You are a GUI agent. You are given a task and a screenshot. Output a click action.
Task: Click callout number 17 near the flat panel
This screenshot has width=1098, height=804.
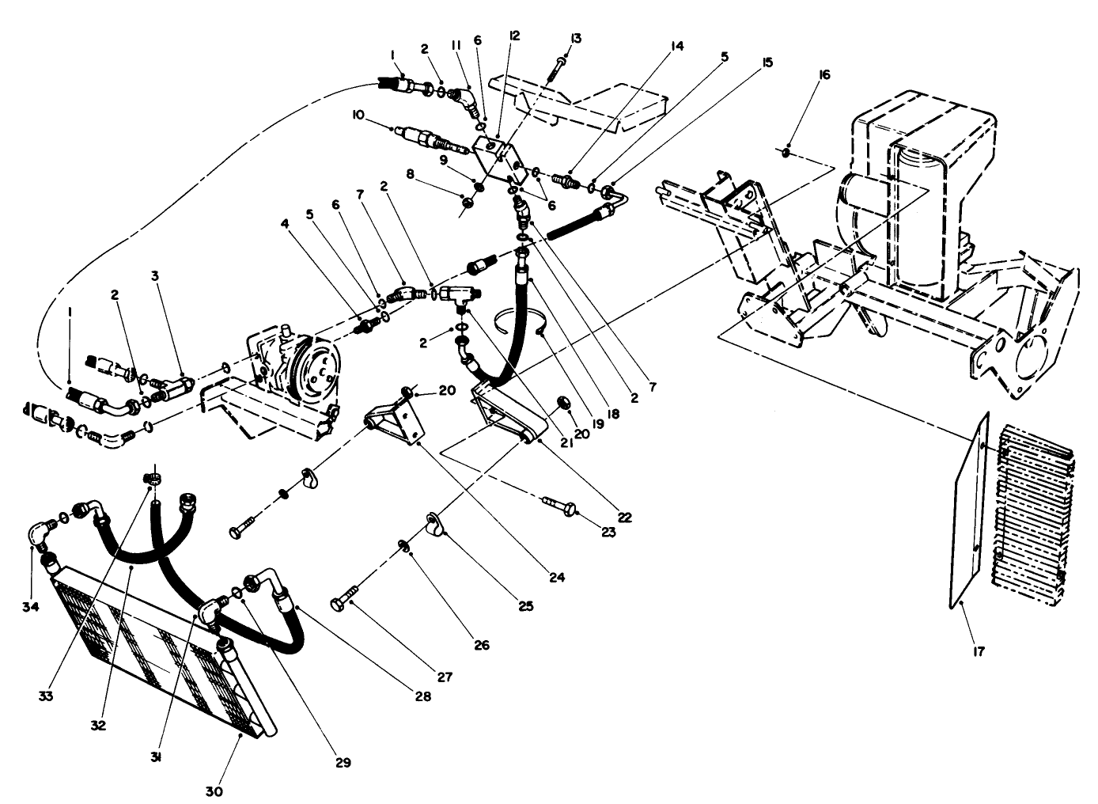(979, 654)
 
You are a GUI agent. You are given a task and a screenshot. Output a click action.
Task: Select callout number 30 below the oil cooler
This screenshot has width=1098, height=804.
(215, 790)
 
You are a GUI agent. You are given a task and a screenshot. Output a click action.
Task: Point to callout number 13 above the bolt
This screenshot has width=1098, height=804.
(574, 38)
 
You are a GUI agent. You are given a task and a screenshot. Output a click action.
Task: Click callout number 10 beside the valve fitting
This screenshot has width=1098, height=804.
(358, 115)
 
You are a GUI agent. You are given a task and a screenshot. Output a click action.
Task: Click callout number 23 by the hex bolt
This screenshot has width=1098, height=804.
(608, 533)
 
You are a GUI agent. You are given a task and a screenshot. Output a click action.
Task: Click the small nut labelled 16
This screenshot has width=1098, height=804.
(788, 151)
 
